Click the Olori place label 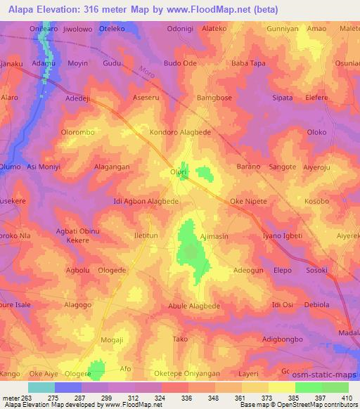click(177, 171)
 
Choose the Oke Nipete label click(249, 202)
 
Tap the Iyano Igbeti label click(282, 235)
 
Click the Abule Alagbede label click(194, 306)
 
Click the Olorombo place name click(78, 131)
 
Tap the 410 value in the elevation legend click(348, 398)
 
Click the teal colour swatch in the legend click(41, 387)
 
